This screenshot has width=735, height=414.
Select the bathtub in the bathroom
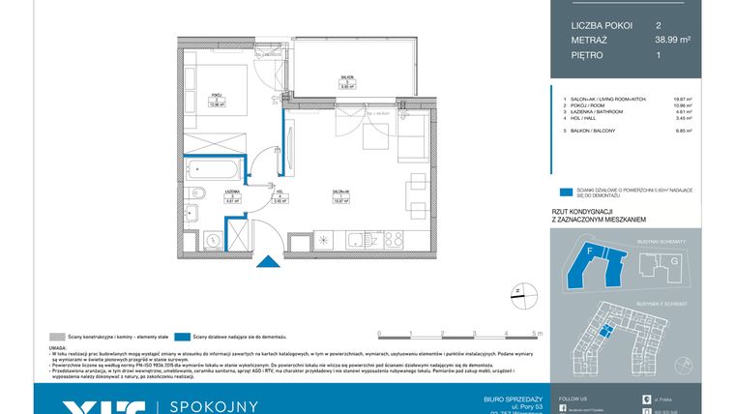211,172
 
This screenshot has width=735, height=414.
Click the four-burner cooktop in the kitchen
393,238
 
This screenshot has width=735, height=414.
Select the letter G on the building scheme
650,260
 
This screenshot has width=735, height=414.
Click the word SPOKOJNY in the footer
214,406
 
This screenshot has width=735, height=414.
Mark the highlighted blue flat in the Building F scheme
606,330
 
